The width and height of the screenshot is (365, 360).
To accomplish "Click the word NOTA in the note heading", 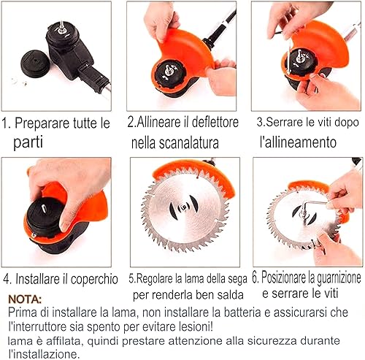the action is (25, 299).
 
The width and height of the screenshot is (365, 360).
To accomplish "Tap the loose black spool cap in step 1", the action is (36, 64).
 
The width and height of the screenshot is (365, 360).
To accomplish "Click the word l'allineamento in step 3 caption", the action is (298, 142).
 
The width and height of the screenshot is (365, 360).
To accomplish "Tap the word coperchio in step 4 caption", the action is (94, 279).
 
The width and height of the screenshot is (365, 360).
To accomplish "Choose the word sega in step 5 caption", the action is (237, 279).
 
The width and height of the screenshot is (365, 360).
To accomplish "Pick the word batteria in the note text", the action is (242, 313).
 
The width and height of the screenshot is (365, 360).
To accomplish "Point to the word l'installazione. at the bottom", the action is (44, 354).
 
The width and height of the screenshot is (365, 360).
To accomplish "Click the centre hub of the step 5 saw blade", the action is (184, 207).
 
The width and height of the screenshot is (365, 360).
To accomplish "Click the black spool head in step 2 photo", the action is (169, 74).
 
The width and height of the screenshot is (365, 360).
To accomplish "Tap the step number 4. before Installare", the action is (7, 279).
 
